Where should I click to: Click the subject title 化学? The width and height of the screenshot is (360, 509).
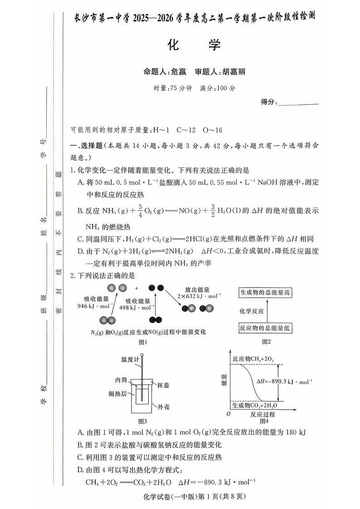pyautogui.click(x=194, y=45)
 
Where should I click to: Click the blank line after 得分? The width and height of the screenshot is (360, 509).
pyautogui.click(x=298, y=103)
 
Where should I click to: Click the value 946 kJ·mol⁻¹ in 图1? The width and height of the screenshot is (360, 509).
pyautogui.click(x=96, y=306)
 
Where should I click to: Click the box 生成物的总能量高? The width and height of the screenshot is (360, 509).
pyautogui.click(x=265, y=293)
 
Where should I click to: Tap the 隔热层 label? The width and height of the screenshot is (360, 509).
pyautogui.click(x=117, y=393)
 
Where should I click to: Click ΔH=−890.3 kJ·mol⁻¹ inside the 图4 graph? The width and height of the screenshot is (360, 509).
pyautogui.click(x=284, y=382)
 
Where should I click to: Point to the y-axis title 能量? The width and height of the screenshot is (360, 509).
pyautogui.click(x=224, y=380)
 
